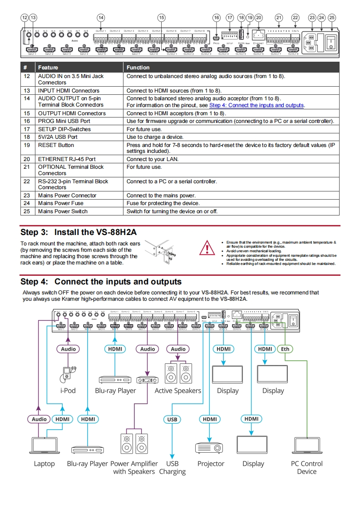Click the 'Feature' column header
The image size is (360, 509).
(48, 68)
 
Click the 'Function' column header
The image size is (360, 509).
(138, 68)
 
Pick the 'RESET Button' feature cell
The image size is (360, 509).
(56, 145)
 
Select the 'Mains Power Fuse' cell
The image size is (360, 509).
(61, 203)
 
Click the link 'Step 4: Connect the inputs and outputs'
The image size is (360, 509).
(256, 105)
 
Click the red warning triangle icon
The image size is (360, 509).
(208, 249)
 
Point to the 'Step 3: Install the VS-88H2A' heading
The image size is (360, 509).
(79, 232)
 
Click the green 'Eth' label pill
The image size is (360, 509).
(285, 349)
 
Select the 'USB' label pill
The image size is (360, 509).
(172, 419)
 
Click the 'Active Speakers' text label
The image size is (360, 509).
(178, 391)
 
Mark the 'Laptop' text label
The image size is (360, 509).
(44, 464)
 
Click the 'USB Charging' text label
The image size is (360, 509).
(172, 468)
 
